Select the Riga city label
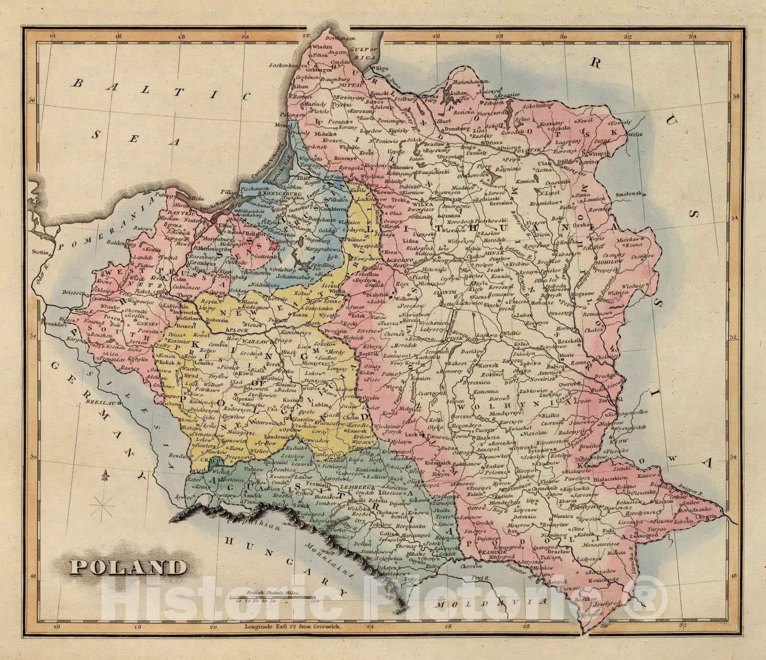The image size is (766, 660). [x=382, y=67]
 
